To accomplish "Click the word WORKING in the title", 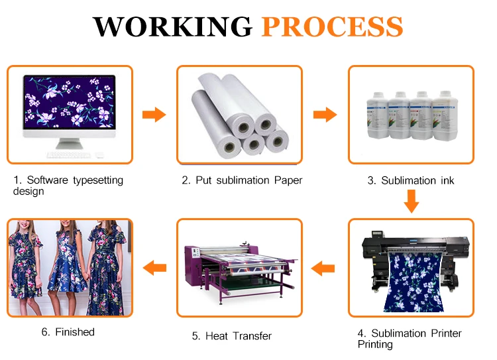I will pyautogui.click(x=172, y=27).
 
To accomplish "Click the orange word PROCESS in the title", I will pyautogui.click(x=332, y=27).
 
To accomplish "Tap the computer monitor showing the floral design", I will pyautogui.click(x=70, y=106).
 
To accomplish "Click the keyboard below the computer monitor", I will pyautogui.click(x=70, y=154).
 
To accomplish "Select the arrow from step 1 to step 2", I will pyautogui.click(x=154, y=115).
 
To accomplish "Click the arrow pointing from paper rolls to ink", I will pyautogui.click(x=325, y=115).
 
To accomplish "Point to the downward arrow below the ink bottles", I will pyautogui.click(x=412, y=200).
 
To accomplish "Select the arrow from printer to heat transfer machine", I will pyautogui.click(x=325, y=269).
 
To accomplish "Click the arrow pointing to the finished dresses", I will pyautogui.click(x=154, y=269).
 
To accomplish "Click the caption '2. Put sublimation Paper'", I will pyautogui.click(x=242, y=180).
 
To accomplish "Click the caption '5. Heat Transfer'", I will pyautogui.click(x=232, y=336).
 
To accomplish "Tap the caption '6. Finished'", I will pyautogui.click(x=68, y=331).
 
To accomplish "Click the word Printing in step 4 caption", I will pyautogui.click(x=375, y=344).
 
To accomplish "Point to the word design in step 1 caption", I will pyautogui.click(x=28, y=192).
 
